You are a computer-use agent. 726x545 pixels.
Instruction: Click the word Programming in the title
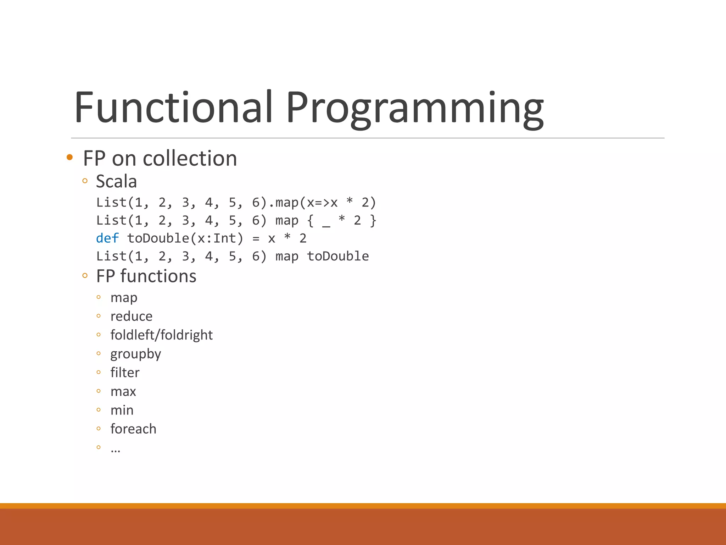pyautogui.click(x=415, y=108)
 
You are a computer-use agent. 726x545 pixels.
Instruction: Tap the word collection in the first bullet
pyautogui.click(x=190, y=158)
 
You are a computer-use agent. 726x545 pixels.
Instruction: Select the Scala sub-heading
pyautogui.click(x=116, y=181)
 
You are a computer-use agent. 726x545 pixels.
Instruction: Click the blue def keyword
pyautogui.click(x=107, y=238)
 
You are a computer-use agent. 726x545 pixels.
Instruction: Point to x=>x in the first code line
pyautogui.click(x=322, y=203)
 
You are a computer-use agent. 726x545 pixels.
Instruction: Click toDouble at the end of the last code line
pyautogui.click(x=338, y=256)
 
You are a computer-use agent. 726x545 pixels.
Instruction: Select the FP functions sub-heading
pyautogui.click(x=146, y=276)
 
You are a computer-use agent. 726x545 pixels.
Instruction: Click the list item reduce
pyautogui.click(x=131, y=316)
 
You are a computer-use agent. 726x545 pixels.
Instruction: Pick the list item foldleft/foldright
pyautogui.click(x=161, y=335)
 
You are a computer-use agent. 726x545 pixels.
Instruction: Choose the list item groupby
pyautogui.click(x=135, y=354)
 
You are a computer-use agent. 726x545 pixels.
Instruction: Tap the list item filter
pyautogui.click(x=125, y=373)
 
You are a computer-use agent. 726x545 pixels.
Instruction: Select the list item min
pyautogui.click(x=122, y=410)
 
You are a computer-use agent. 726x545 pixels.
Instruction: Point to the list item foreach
pyautogui.click(x=133, y=429)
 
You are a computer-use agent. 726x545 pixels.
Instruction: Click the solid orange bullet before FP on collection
pyautogui.click(x=69, y=158)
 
